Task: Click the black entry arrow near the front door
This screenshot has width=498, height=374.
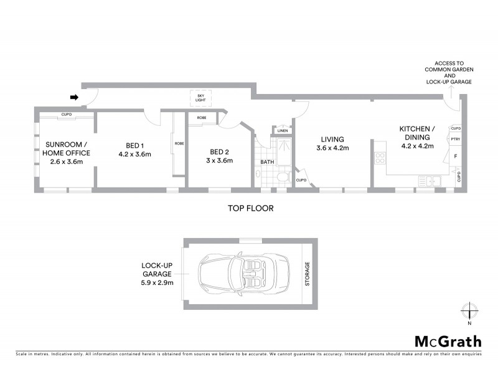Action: pyautogui.click(x=73, y=97)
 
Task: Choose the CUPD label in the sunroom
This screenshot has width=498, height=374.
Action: pyautogui.click(x=67, y=115)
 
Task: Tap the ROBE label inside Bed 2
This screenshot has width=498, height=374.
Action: pyautogui.click(x=202, y=118)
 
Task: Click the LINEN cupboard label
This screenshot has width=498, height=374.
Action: pyautogui.click(x=283, y=131)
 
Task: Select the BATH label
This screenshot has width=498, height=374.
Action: pyautogui.click(x=267, y=162)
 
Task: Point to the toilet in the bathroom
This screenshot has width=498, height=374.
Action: pyautogui.click(x=283, y=179)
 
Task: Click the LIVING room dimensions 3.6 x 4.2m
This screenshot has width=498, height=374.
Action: pyautogui.click(x=334, y=148)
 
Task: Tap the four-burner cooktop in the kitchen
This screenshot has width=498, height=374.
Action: pyautogui.click(x=379, y=158)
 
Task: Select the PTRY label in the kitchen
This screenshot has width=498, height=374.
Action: pyautogui.click(x=455, y=140)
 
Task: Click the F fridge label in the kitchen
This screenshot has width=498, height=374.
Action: pyautogui.click(x=456, y=156)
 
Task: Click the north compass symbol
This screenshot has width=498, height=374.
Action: pyautogui.click(x=470, y=310)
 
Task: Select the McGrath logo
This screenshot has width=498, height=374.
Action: pyautogui.click(x=448, y=341)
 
